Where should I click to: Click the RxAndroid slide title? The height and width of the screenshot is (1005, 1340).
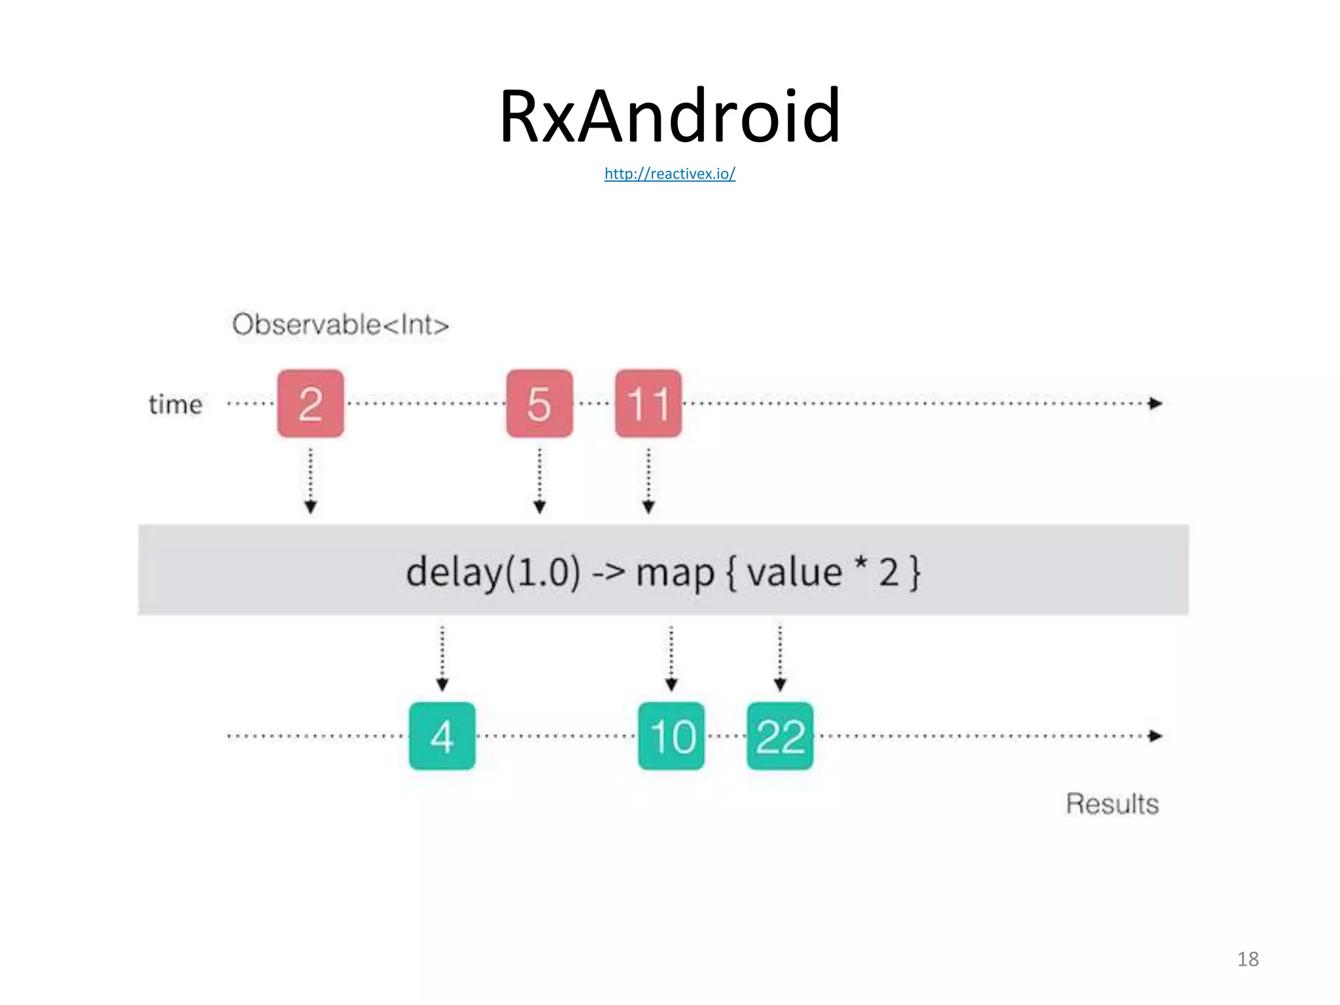(669, 116)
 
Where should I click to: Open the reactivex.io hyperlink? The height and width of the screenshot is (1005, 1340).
(669, 173)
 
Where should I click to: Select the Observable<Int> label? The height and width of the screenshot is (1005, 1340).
(340, 325)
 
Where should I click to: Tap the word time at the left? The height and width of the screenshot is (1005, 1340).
(175, 404)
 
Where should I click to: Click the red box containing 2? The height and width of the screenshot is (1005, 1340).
(310, 403)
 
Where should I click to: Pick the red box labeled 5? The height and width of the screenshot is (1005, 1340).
(539, 403)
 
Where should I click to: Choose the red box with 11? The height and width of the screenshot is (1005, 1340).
(648, 403)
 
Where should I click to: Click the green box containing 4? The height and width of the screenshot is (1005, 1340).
(442, 736)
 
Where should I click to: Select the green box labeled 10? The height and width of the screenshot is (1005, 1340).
(671, 736)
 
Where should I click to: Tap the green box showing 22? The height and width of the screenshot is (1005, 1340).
(780, 736)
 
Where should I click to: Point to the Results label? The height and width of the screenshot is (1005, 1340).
(1112, 803)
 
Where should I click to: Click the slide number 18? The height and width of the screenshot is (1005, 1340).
(1248, 959)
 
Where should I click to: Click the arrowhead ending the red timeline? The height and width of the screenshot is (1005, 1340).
(1155, 403)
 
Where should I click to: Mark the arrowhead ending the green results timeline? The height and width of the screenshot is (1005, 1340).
(1155, 736)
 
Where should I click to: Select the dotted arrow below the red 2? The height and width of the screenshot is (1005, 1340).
(311, 481)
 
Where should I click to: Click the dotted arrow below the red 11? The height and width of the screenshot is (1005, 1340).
(648, 481)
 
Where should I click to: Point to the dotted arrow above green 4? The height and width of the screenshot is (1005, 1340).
(442, 658)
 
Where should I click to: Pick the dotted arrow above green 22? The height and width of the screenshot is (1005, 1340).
(780, 658)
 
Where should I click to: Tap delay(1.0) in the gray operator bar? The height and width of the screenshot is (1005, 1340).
(493, 573)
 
